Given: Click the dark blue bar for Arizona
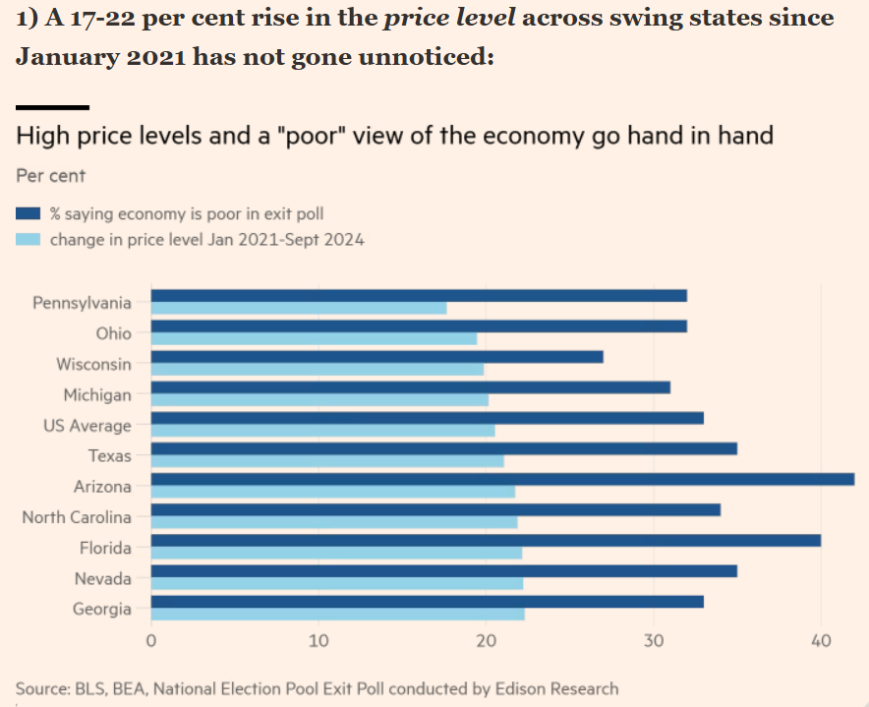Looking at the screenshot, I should tap(501, 479).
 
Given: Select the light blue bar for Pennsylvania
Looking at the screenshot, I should tap(298, 308).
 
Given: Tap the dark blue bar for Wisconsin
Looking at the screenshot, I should tap(377, 357).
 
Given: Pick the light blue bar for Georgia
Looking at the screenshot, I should tap(337, 614).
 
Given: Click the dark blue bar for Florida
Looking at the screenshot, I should tap(485, 540).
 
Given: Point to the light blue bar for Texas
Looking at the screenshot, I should tap(326, 461).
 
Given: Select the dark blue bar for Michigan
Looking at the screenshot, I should tap(410, 387).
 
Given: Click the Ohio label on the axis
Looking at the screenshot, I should tap(113, 333).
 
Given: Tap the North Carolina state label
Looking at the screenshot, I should tap(77, 517).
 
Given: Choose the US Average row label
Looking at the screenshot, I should tap(87, 426).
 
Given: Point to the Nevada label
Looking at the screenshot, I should tap(102, 578).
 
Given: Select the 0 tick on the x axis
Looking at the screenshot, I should tap(151, 641).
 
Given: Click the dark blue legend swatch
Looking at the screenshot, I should tap(29, 212).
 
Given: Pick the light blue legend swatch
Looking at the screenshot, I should tap(29, 239).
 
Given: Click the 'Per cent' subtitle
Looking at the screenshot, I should tap(51, 176).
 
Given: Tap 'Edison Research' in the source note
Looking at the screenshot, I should tap(561, 688).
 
